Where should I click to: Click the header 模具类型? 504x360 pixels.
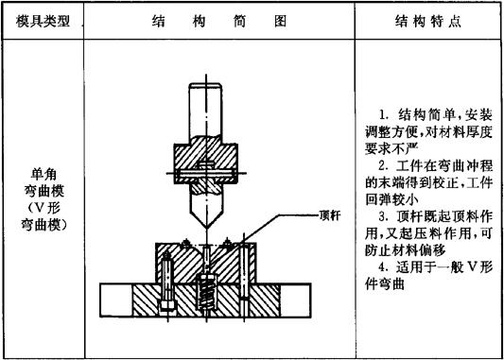point(43,22)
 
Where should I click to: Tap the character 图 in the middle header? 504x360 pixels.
point(280,22)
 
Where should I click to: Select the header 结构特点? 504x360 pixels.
point(428,22)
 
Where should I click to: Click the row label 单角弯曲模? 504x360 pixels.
point(43,183)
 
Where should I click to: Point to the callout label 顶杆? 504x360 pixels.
point(329,215)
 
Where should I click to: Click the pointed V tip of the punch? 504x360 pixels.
point(206,228)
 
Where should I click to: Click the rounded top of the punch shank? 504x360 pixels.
point(206,85)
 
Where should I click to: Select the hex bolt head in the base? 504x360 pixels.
point(167,304)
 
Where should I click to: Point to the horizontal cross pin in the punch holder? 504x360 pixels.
point(206,174)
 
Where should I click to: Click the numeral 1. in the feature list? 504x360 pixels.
point(383,115)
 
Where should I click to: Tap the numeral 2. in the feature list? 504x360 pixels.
point(383,166)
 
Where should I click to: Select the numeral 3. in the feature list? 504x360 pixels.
point(383,216)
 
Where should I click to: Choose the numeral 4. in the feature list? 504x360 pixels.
point(383,267)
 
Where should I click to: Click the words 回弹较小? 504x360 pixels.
point(391,199)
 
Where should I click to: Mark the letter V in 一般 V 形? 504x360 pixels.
point(471,267)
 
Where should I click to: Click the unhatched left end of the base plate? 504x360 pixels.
point(116,300)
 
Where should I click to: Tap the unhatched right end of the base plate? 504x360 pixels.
point(294,300)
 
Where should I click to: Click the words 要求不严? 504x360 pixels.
point(391,148)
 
